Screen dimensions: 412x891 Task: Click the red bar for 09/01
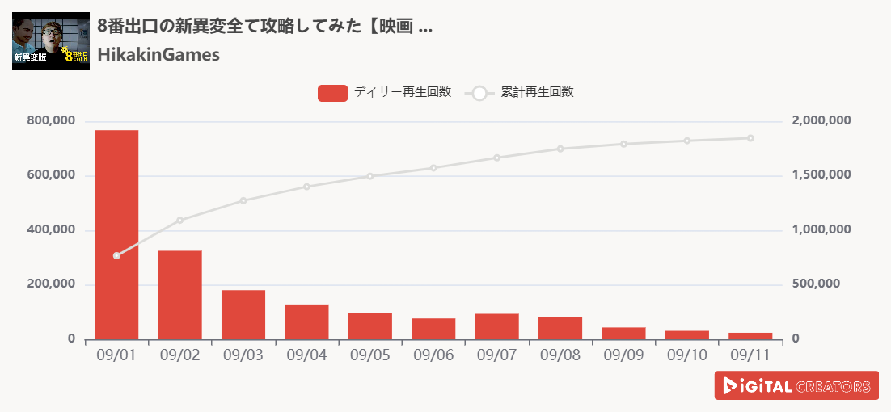pyautogui.click(x=116, y=234)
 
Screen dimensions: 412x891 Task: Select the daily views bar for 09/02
pyautogui.click(x=179, y=295)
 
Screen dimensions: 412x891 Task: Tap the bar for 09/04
pyautogui.click(x=306, y=322)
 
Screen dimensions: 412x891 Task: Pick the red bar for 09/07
pyautogui.click(x=497, y=326)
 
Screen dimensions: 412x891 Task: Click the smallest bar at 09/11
pyautogui.click(x=751, y=336)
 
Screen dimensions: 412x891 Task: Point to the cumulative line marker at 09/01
pyautogui.click(x=116, y=255)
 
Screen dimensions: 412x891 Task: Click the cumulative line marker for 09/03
pyautogui.click(x=243, y=200)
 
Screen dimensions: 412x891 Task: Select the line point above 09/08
pyautogui.click(x=560, y=149)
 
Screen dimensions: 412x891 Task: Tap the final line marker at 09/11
pyautogui.click(x=751, y=138)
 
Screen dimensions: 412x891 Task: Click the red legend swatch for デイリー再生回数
pyautogui.click(x=332, y=93)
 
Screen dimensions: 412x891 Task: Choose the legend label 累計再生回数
pyautogui.click(x=537, y=93)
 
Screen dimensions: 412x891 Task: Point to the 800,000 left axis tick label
pyautogui.click(x=51, y=121)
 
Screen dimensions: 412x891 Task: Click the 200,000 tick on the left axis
pyautogui.click(x=51, y=284)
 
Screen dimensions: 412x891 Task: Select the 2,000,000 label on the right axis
pyautogui.click(x=821, y=121)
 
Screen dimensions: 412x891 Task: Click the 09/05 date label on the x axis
pyautogui.click(x=370, y=355)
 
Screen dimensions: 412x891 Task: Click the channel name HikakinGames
pyautogui.click(x=158, y=55)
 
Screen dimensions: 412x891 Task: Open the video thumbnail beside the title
pyautogui.click(x=51, y=41)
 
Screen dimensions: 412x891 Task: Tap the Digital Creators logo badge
pyautogui.click(x=796, y=385)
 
